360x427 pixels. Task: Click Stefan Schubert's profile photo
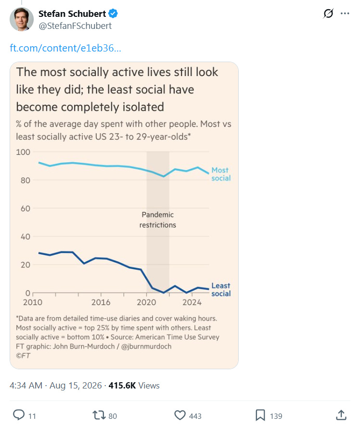click(x=22, y=19)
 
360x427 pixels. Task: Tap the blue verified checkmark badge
click(x=113, y=13)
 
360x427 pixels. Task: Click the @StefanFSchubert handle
click(x=75, y=26)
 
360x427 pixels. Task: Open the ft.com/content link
click(x=65, y=48)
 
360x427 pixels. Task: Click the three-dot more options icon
click(x=345, y=13)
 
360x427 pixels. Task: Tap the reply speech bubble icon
click(x=19, y=415)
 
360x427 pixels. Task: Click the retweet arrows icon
click(x=99, y=415)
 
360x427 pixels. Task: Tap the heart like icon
click(x=180, y=415)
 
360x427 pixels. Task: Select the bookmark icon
click(x=260, y=415)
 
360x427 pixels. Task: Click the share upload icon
click(x=341, y=415)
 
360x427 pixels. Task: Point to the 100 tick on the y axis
click(x=23, y=152)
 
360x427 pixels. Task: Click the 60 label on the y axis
click(x=26, y=208)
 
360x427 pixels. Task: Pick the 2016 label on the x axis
click(x=101, y=302)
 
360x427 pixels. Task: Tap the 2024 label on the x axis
click(x=192, y=302)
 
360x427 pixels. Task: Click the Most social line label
click(x=221, y=174)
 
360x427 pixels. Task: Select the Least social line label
click(x=221, y=289)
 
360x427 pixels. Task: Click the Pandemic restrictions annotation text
click(x=158, y=220)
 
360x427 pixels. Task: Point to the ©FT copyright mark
click(x=23, y=356)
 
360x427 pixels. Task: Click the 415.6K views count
click(x=122, y=385)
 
